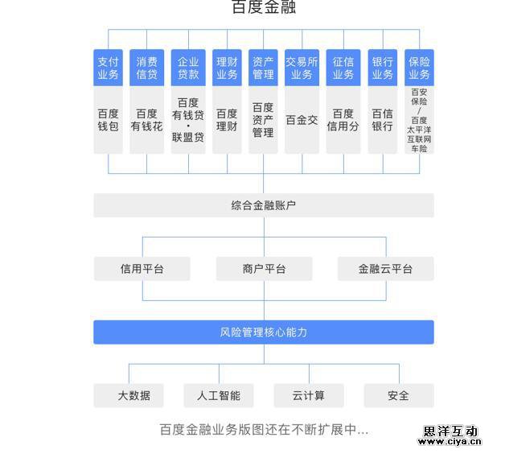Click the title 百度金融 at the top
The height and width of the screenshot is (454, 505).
point(263,9)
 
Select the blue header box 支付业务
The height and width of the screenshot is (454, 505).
point(108,68)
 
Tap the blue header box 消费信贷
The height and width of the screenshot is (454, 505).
point(146,68)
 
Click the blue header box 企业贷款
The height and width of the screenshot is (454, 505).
point(188,68)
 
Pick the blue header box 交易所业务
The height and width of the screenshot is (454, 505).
point(302,68)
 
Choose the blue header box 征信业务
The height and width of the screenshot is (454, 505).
point(343,68)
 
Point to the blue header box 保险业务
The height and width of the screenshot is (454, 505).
point(419,68)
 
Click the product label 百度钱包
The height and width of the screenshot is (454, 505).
point(108,120)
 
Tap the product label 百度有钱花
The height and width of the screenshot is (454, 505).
point(146,120)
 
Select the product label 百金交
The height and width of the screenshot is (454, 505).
point(302,120)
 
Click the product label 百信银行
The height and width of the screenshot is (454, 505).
point(382,120)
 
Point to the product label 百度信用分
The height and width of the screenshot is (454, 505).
point(343,120)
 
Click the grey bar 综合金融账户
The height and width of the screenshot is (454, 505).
point(263,205)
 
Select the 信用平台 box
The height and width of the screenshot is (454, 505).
point(142,269)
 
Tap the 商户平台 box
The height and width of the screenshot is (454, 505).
point(264,269)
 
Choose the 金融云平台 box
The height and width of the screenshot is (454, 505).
point(385,269)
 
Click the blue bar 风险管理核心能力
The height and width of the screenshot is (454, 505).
point(263,332)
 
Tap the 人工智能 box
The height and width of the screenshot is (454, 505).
point(218,395)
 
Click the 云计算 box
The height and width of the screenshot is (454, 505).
point(309,395)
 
